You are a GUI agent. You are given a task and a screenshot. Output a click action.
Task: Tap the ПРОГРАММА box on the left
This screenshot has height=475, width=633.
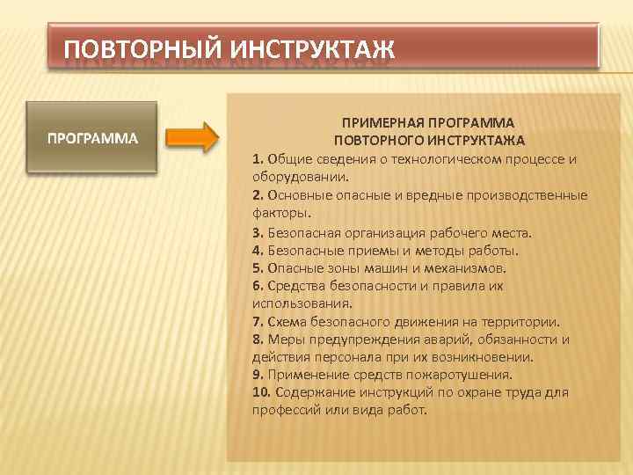click(92, 138)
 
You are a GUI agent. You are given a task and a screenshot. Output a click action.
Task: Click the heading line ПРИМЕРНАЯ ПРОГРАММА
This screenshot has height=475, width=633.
click(428, 122)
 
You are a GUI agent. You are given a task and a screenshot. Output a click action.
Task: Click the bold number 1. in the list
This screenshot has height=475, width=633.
click(258, 159)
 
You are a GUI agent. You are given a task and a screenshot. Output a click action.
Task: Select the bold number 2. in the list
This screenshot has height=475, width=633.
click(258, 195)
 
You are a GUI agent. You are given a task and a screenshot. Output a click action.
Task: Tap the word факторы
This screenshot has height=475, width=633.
click(279, 212)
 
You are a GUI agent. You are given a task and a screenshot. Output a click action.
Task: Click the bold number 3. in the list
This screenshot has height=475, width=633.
click(258, 233)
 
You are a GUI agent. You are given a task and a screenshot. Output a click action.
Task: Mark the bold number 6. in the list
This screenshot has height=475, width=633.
click(258, 286)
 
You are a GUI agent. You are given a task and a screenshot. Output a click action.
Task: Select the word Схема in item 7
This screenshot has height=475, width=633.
click(287, 322)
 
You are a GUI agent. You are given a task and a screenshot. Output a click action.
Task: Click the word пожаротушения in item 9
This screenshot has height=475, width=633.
click(467, 374)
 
